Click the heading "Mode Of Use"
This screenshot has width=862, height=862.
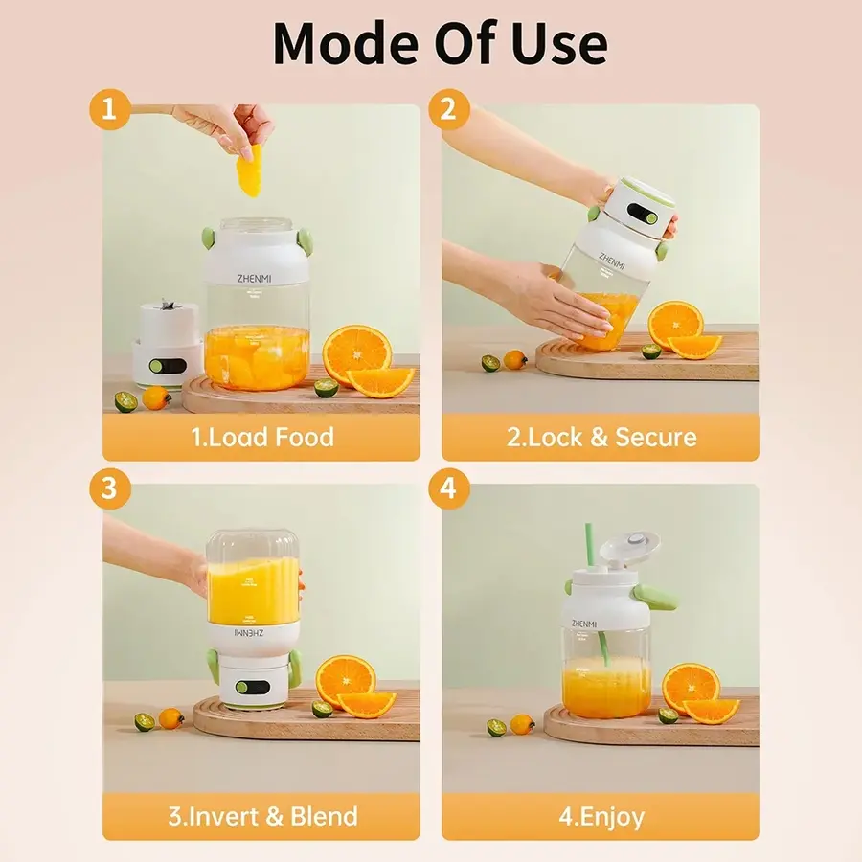(440, 43)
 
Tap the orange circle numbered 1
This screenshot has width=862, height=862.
(109, 109)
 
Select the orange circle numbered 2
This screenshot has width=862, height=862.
(447, 109)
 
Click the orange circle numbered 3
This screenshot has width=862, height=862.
(109, 488)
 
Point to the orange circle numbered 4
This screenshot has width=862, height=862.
(447, 488)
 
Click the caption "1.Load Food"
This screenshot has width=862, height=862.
(261, 438)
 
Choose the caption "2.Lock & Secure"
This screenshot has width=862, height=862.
(601, 438)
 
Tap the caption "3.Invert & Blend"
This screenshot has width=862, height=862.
(261, 817)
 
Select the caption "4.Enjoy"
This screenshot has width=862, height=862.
(601, 817)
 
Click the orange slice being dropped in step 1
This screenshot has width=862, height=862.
(249, 175)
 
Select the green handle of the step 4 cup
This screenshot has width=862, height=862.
(660, 599)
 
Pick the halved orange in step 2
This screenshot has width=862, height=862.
(675, 324)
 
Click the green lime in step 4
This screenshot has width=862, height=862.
(668, 715)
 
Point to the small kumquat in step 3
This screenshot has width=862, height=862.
(171, 717)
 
